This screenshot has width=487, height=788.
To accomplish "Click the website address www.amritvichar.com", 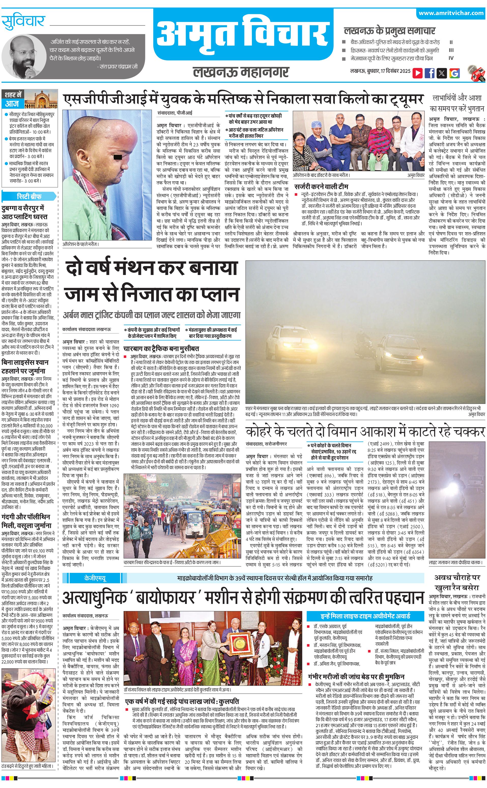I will (x=451, y=13).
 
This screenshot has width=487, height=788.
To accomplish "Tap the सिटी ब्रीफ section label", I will (x=29, y=197).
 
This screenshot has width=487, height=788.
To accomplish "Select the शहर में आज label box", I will (x=13, y=100).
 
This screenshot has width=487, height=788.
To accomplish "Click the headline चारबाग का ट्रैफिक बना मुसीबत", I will (x=161, y=349).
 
